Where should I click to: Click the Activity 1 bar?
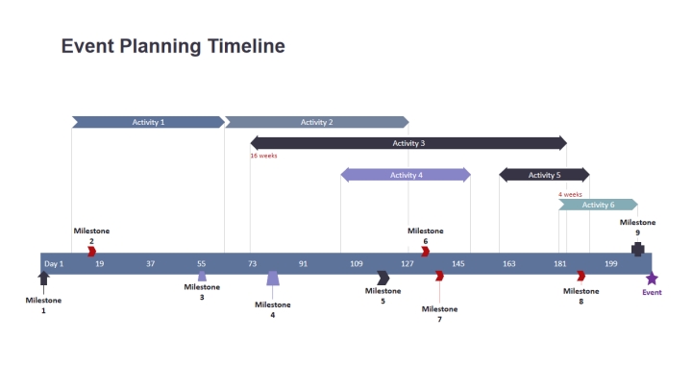(x=148, y=122)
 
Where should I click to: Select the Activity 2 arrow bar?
(x=317, y=122)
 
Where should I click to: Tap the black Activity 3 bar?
(x=408, y=143)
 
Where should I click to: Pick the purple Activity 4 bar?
(x=406, y=175)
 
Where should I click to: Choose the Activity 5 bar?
(x=544, y=175)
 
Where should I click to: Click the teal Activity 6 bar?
(x=598, y=205)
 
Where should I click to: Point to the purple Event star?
(x=652, y=279)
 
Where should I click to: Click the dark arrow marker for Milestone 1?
(x=43, y=279)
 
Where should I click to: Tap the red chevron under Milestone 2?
(x=92, y=252)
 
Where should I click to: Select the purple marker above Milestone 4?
(x=273, y=279)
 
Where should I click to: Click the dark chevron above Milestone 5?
(x=383, y=278)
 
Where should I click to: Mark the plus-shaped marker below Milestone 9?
(x=638, y=249)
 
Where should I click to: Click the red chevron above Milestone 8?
(x=581, y=276)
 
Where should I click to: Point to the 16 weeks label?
(x=264, y=156)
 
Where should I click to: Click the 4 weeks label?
(x=570, y=194)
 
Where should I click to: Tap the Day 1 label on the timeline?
(x=54, y=264)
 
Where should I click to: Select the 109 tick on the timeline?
(x=357, y=264)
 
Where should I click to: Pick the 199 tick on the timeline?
(x=611, y=264)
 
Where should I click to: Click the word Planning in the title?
(x=161, y=47)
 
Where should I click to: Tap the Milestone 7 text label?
(x=439, y=314)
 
